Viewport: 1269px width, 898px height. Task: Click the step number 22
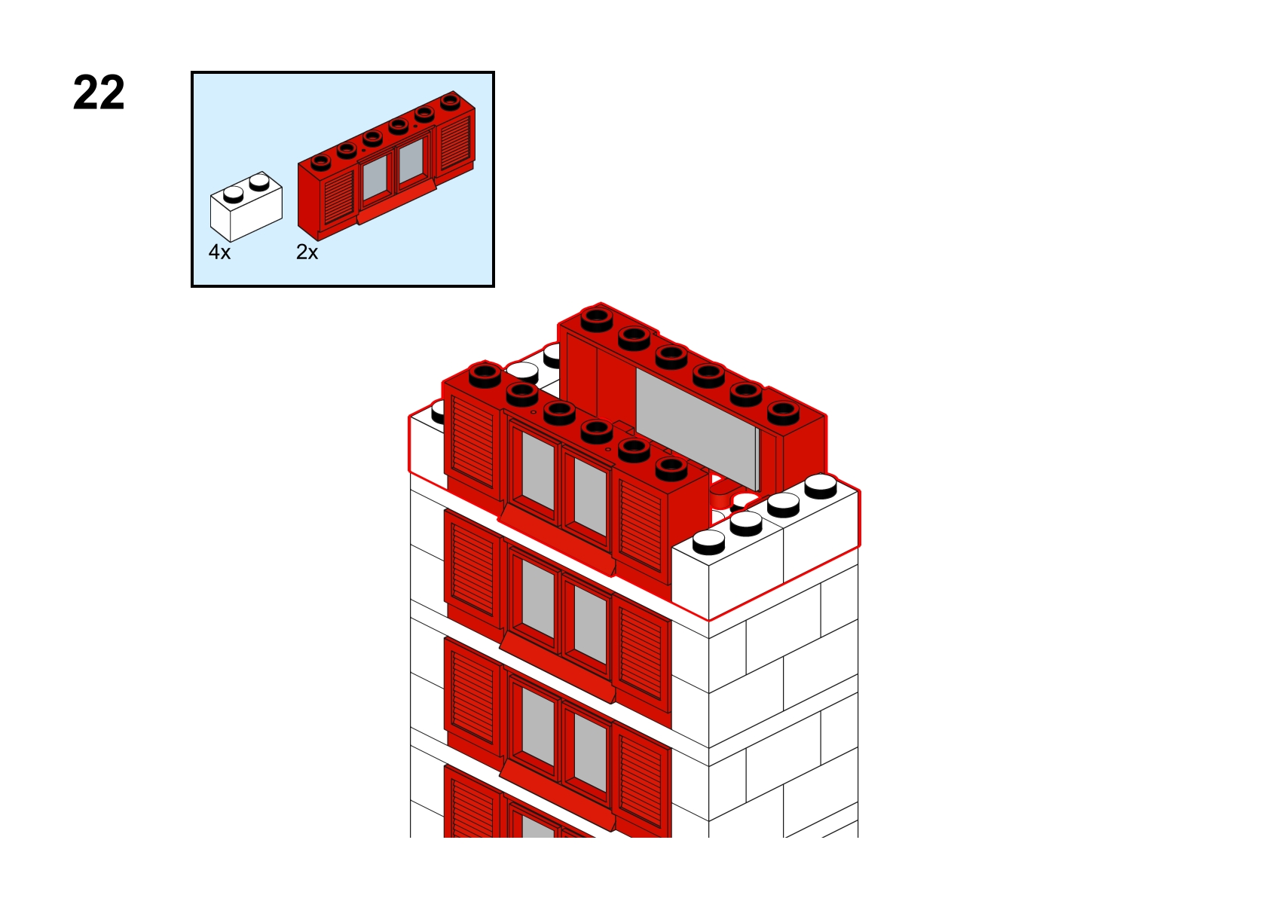(x=99, y=93)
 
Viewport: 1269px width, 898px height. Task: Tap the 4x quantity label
(x=220, y=252)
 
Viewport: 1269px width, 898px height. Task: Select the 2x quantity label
(x=307, y=252)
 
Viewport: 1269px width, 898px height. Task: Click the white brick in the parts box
(x=246, y=206)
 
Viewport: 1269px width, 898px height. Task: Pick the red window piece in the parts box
(x=387, y=165)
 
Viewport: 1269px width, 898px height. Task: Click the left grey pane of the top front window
(x=537, y=471)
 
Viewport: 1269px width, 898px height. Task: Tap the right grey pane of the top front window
(x=590, y=496)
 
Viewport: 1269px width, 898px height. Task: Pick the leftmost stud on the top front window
(x=485, y=375)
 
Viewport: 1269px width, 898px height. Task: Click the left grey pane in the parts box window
(x=375, y=176)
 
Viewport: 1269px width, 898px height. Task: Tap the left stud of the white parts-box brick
(x=233, y=194)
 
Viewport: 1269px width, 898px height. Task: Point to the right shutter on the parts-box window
(x=454, y=142)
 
